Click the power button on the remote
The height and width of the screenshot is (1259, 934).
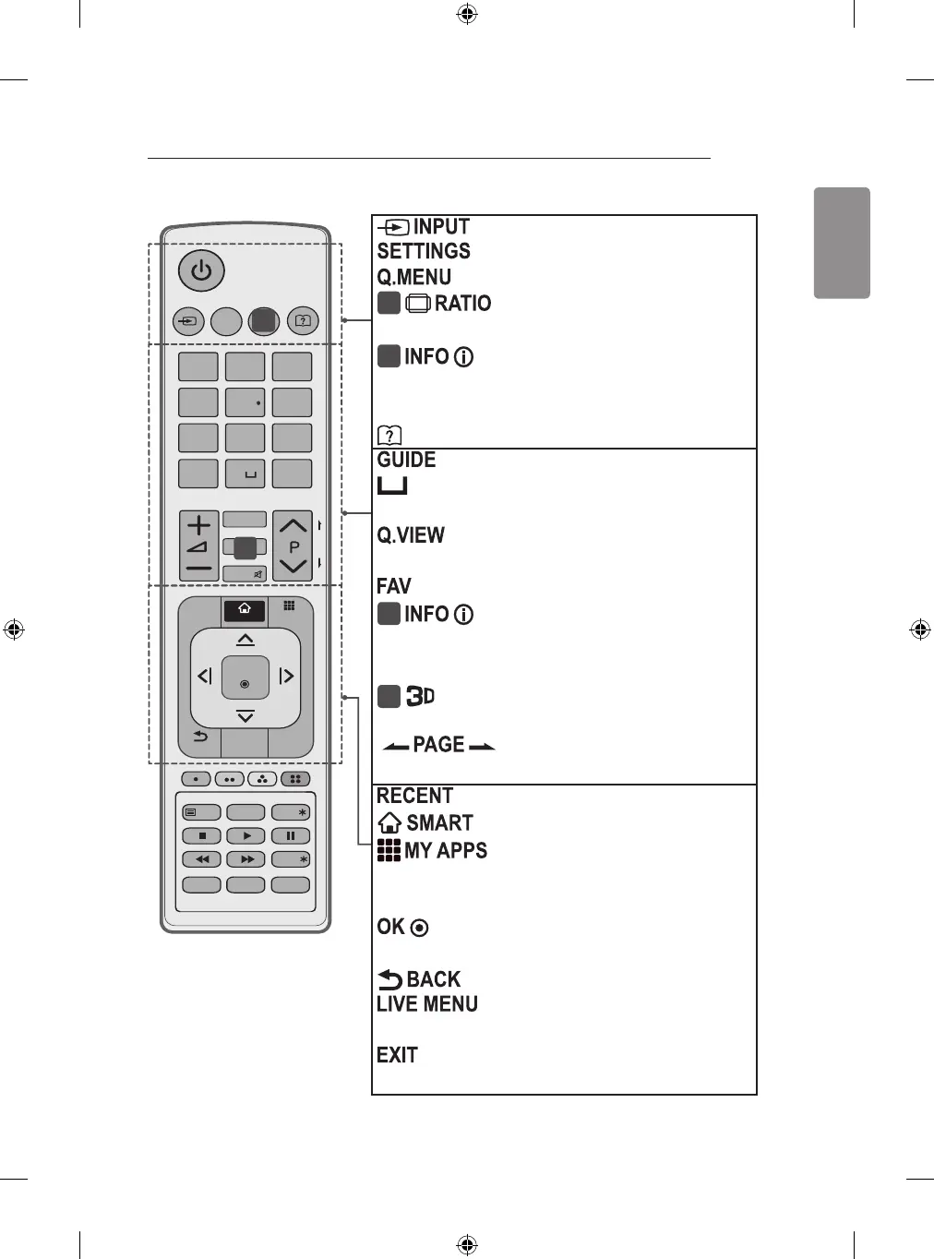coord(201,271)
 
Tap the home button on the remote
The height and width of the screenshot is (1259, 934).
coord(245,609)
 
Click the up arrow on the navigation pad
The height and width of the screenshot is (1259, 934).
coord(245,640)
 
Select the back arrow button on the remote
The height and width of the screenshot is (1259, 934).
coord(200,737)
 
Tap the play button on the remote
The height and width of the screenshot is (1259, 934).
coord(246,836)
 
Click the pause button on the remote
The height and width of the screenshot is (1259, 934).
coord(291,836)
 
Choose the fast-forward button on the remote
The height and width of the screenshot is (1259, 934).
coord(246,859)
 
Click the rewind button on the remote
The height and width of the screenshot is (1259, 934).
coord(202,859)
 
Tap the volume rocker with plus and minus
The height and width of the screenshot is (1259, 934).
coord(198,546)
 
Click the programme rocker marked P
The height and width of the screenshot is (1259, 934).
coord(293,546)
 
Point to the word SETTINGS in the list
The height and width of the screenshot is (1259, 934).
coord(424,251)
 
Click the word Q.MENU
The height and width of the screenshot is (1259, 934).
coord(414,277)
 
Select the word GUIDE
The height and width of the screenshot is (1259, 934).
coord(406,460)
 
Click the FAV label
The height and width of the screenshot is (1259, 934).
coord(394,586)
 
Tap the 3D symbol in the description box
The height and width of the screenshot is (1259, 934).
coord(420,696)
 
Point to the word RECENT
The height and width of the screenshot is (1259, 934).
coord(415,796)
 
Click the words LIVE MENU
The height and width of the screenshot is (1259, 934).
coord(427,1004)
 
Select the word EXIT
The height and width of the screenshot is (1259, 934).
coord(398,1055)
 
